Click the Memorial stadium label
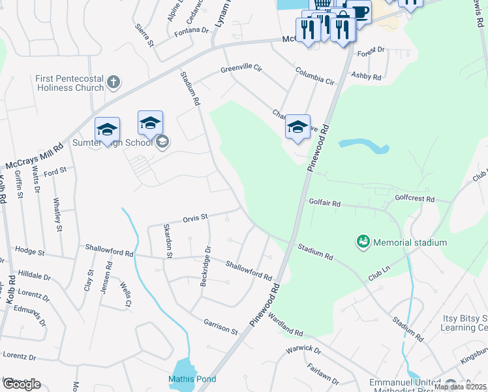point(410,242)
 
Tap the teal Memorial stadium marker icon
point(362,242)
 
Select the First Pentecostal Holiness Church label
point(70,83)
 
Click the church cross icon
point(114,82)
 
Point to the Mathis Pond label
point(192,379)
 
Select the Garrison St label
point(221,327)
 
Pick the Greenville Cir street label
point(241,68)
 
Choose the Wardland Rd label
point(285,323)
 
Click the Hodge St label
point(29,251)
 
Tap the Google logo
point(22,384)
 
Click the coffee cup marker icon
point(358,11)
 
